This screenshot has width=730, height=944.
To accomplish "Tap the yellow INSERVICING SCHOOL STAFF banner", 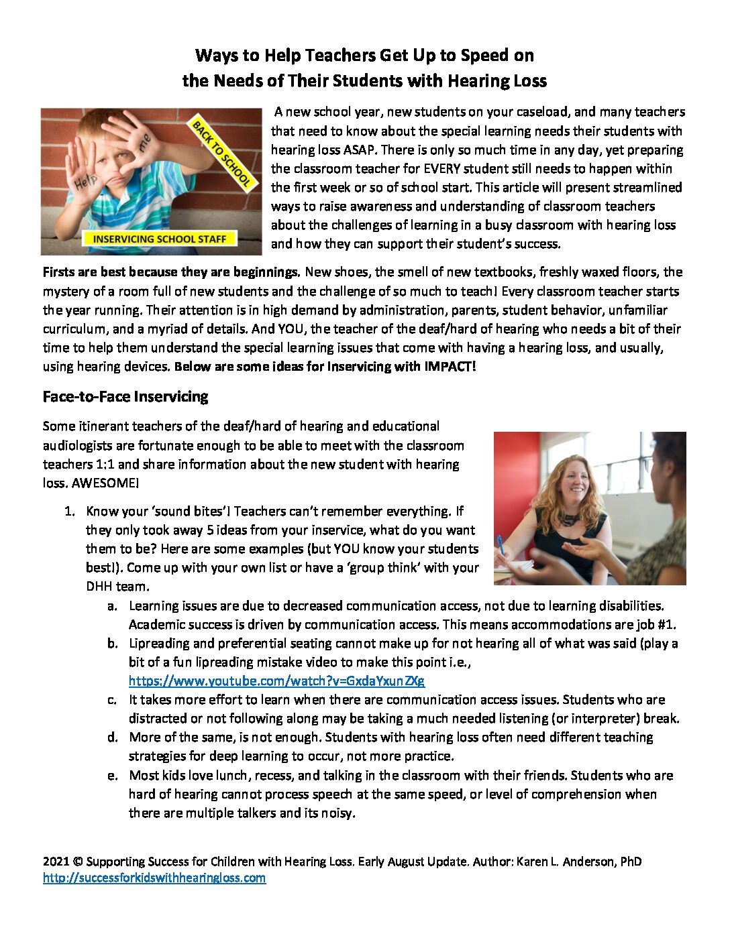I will point(160,239).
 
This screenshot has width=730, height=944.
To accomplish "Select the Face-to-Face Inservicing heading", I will point(125,396).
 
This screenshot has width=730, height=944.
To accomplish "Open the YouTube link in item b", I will point(276,681).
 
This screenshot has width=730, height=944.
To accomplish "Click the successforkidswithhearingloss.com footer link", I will point(154,878).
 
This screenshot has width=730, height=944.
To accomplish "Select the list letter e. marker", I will point(113,775).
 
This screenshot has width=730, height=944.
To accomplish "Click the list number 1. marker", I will point(69,511).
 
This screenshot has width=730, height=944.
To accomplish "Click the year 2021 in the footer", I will point(56,862).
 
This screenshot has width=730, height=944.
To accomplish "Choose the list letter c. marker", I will point(113,699).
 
